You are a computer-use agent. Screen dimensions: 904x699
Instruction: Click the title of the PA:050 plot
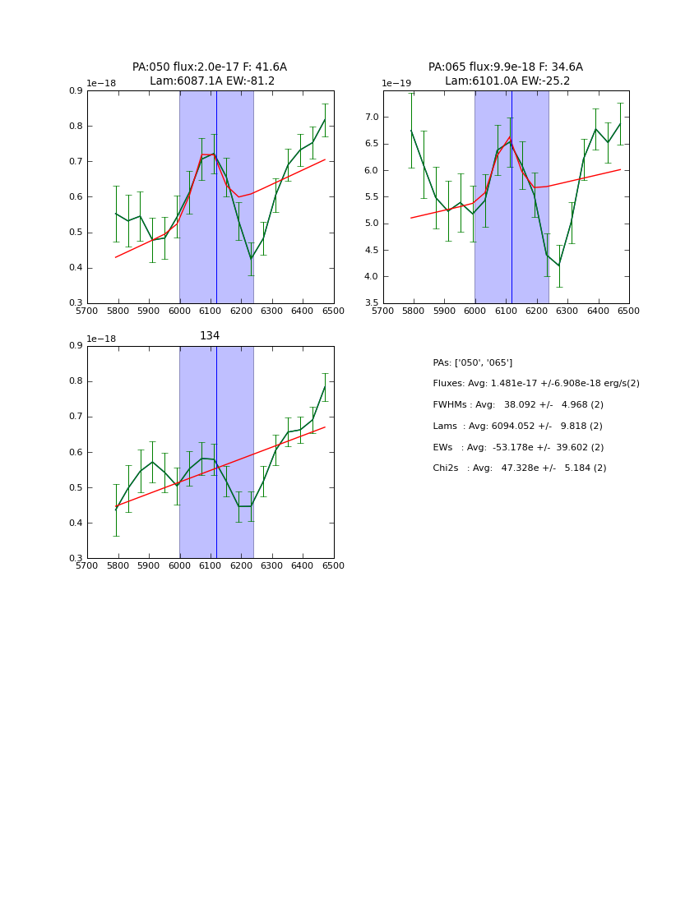[x=210, y=74]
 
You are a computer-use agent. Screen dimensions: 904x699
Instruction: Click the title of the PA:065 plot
[x=506, y=74]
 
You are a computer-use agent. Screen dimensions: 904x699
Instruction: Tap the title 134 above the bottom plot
[x=210, y=335]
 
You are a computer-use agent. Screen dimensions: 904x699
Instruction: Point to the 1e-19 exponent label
[x=396, y=83]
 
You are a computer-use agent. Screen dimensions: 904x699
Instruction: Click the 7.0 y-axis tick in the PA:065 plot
[x=371, y=118]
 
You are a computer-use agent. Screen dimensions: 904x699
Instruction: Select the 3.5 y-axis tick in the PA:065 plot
[x=371, y=303]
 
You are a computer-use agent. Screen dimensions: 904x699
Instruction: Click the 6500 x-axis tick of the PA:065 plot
[x=629, y=311]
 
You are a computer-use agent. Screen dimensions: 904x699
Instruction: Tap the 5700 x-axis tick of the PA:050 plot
[x=87, y=311]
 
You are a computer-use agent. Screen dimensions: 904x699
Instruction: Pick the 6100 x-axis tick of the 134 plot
[x=211, y=566]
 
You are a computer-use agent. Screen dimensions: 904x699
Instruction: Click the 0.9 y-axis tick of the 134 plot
[x=75, y=346]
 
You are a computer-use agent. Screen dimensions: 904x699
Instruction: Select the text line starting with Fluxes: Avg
[x=535, y=384]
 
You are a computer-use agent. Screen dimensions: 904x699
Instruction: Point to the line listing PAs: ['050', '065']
[x=473, y=362]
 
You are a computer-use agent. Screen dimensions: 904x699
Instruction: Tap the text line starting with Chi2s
[x=520, y=468]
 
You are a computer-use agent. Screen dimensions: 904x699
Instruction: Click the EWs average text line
[x=520, y=447]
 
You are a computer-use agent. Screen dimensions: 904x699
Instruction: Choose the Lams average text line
[x=517, y=427]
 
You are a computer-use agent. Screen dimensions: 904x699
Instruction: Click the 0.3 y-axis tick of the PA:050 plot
[x=75, y=303]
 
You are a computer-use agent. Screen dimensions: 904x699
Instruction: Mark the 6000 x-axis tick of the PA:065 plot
[x=474, y=311]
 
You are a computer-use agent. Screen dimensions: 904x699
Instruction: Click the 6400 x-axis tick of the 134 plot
[x=303, y=566]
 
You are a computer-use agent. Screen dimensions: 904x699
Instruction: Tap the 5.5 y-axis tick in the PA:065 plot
[x=371, y=197]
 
